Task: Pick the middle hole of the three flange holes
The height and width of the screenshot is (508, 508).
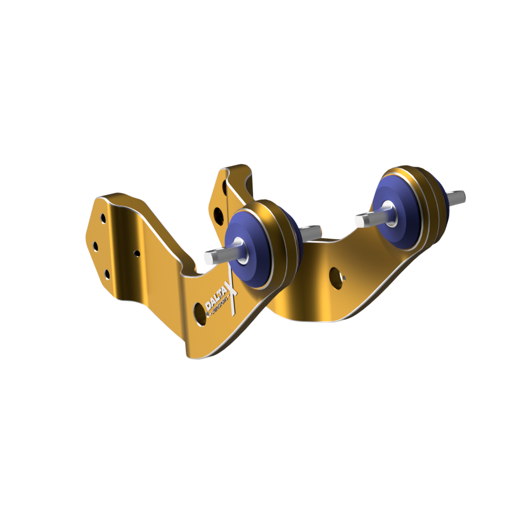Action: coord(96,246)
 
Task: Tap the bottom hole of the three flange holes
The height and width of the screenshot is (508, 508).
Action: coord(107,275)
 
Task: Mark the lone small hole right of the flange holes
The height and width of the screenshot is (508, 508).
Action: coord(137,252)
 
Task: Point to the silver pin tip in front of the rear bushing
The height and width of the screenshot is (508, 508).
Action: coord(362,219)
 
